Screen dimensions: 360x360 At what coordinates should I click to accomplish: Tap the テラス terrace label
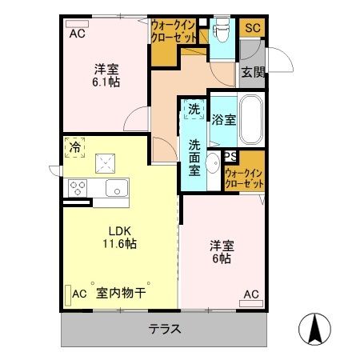tap(164, 329)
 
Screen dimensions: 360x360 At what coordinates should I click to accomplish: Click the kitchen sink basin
tap(114, 189)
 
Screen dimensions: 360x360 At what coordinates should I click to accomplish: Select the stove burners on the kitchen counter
tap(78, 189)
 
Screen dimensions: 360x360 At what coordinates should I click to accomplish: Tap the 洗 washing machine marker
tap(194, 109)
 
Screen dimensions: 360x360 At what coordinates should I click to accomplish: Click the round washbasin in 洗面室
tap(213, 166)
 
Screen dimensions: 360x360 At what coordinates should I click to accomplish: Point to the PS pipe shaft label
tap(230, 157)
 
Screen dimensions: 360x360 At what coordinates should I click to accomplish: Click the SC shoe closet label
tap(253, 28)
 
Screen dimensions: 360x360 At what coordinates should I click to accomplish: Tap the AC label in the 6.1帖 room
tap(77, 34)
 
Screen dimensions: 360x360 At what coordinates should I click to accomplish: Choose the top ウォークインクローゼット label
tap(175, 31)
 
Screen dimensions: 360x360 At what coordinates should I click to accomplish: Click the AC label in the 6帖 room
tap(250, 293)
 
